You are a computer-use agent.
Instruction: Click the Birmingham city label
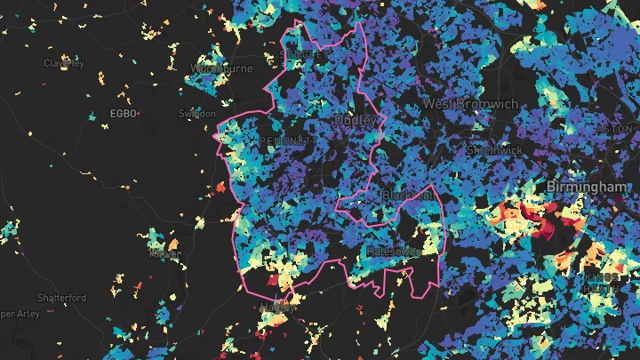(587, 188)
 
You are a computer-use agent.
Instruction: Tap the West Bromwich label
(469, 104)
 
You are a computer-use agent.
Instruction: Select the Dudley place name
(356, 119)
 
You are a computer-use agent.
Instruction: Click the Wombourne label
(222, 68)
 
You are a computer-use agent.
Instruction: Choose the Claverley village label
(63, 63)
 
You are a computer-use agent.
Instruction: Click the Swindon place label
(196, 114)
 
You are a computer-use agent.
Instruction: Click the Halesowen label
(392, 252)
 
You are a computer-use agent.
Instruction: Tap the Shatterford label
(61, 298)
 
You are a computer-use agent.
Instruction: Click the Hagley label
(277, 308)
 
